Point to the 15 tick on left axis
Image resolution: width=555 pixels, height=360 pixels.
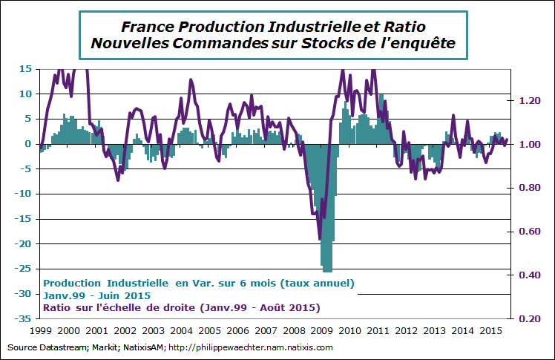click(24, 69)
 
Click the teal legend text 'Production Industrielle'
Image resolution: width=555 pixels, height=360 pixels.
click(107, 283)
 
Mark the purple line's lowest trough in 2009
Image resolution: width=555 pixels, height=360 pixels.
click(320, 239)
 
